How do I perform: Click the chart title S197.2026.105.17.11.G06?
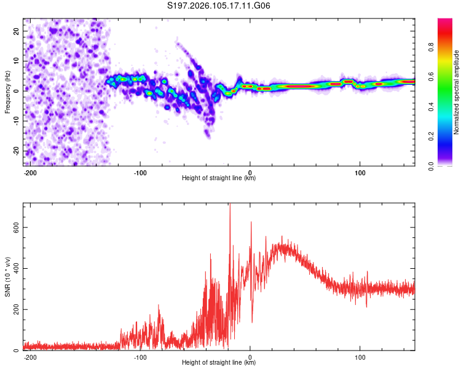pos(219,6)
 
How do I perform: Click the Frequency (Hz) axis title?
pos(8,92)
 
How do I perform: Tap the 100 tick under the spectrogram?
pos(360,172)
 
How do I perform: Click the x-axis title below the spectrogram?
pos(219,178)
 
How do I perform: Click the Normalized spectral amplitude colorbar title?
pos(457,92)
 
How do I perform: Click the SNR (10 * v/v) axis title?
pos(8,277)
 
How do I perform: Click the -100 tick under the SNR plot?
pos(140,357)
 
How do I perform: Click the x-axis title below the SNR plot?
pos(219,363)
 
